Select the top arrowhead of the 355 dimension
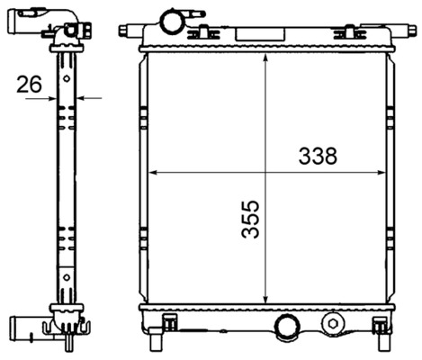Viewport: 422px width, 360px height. click(265, 57)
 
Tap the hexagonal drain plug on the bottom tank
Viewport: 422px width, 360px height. click(334, 323)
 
